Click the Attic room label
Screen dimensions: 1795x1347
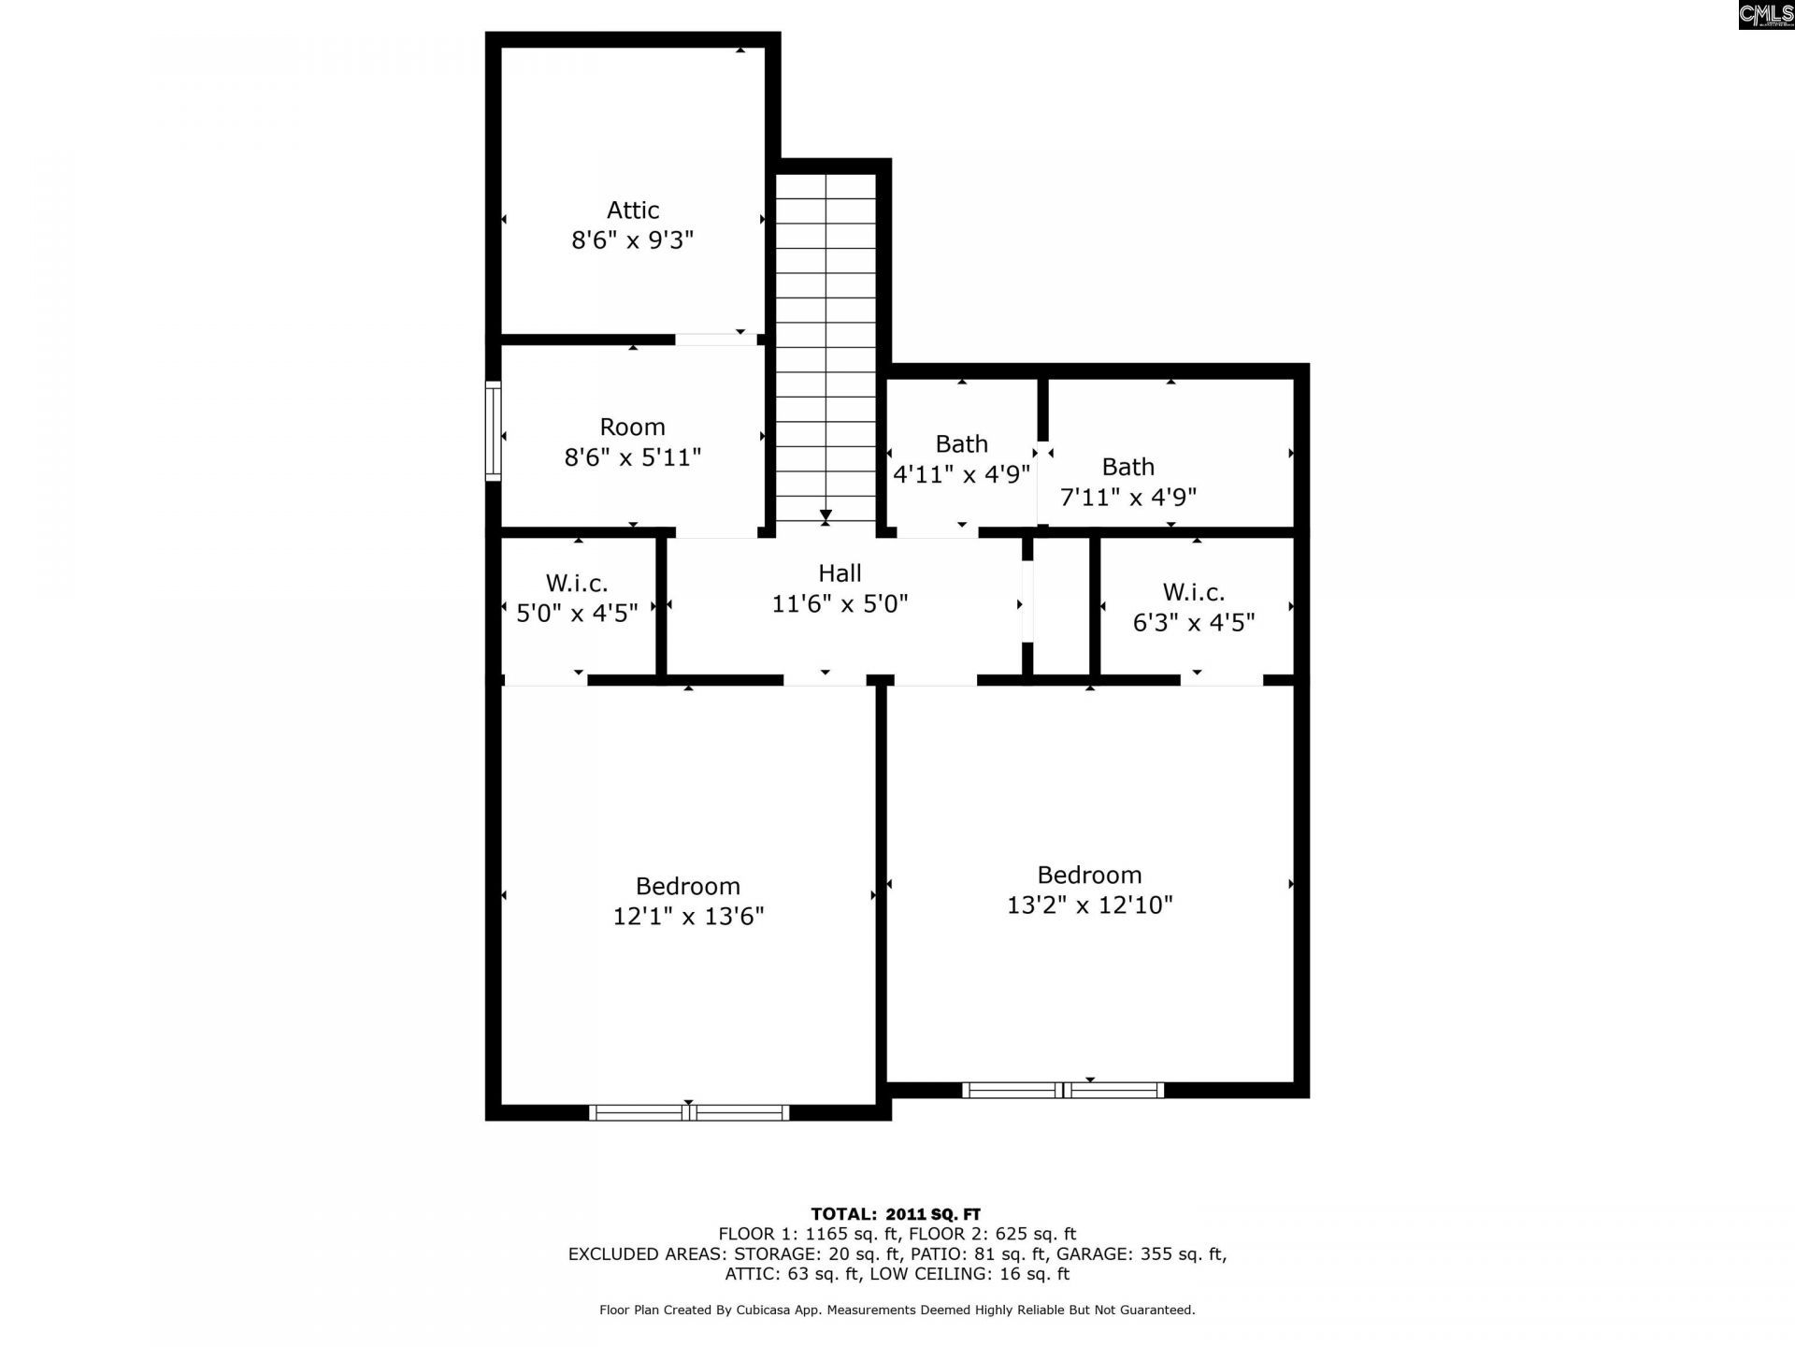pos(633,210)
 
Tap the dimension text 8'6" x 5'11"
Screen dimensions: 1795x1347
pos(633,457)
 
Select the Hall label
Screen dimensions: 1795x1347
pos(840,573)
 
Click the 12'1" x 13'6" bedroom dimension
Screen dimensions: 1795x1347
pos(688,916)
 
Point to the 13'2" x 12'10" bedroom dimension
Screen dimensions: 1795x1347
pos(1089,905)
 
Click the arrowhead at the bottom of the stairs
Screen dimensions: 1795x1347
pos(826,515)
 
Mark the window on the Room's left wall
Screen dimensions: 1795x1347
pos(493,430)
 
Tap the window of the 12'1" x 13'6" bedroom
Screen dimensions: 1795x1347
pos(689,1112)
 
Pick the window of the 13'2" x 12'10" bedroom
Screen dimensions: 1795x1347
pos(1063,1090)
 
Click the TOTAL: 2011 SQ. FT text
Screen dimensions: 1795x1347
pos(896,1214)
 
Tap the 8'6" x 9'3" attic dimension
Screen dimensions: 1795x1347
pos(633,240)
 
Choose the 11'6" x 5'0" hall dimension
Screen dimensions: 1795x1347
pos(840,603)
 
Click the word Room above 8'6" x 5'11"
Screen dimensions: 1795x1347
pos(633,427)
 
